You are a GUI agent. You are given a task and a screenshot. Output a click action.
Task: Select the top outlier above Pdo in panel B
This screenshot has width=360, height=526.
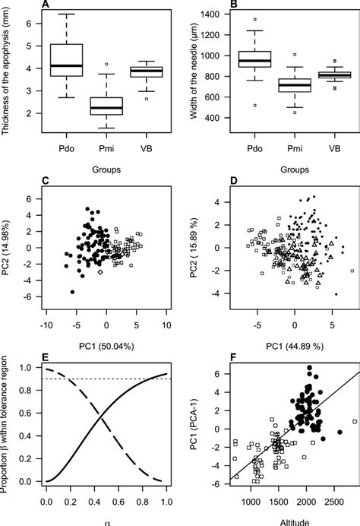254,19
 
